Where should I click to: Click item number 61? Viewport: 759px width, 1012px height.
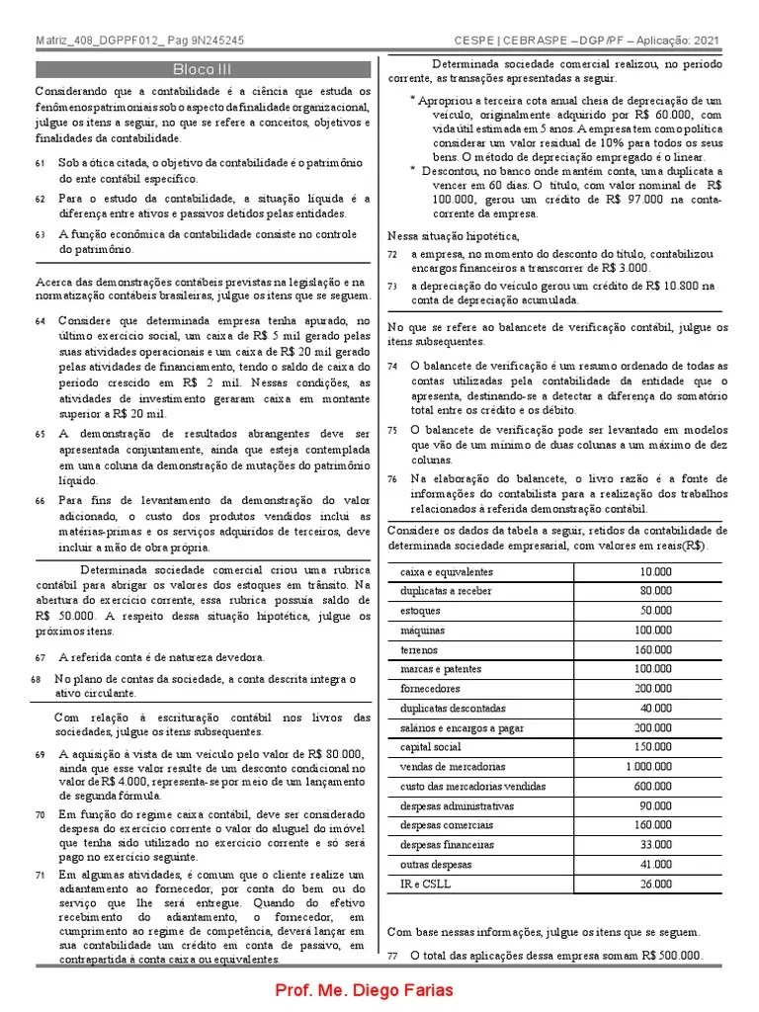(x=40, y=162)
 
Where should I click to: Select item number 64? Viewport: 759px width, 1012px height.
(x=40, y=322)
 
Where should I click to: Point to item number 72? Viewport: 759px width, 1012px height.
(x=392, y=254)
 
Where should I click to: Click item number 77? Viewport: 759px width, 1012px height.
(x=392, y=957)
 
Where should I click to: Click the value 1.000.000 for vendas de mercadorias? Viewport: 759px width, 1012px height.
(x=648, y=766)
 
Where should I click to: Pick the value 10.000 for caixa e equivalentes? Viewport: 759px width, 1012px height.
(x=655, y=571)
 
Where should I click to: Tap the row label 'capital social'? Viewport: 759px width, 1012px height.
(x=430, y=747)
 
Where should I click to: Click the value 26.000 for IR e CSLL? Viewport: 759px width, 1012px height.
(x=655, y=884)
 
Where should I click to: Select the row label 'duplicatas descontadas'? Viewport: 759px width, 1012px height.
(x=453, y=708)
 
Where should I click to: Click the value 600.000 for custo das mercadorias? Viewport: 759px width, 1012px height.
(x=652, y=786)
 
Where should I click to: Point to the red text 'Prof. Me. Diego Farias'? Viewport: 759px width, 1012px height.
(x=365, y=991)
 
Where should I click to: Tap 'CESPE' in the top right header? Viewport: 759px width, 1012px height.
(x=477, y=42)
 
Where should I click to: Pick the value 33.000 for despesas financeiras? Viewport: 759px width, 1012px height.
(x=655, y=845)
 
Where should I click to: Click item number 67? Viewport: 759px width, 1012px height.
(x=40, y=657)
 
